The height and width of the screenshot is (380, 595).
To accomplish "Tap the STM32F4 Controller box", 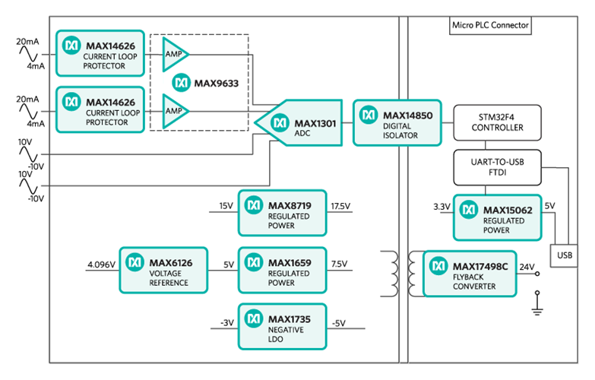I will [x=499, y=122].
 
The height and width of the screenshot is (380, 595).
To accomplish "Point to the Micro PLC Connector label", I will [x=490, y=25].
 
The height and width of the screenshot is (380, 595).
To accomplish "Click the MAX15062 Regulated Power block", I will [x=498, y=215].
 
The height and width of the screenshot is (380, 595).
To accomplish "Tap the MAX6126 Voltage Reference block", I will [x=163, y=269].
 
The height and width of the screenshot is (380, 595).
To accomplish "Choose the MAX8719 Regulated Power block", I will [x=283, y=212].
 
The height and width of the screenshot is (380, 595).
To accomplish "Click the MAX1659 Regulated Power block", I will [x=283, y=269].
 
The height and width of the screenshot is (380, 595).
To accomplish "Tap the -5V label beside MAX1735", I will [x=338, y=322].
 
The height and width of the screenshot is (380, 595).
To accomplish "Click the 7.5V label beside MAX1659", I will [x=339, y=264].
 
